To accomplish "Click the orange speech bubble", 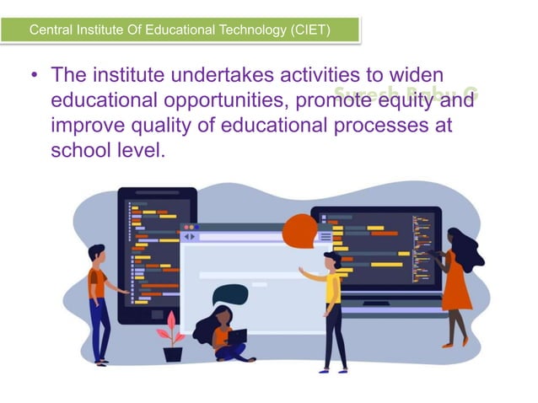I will (x=300, y=230).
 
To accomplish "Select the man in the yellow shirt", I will (x=332, y=308).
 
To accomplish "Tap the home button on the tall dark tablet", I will (x=158, y=314).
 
